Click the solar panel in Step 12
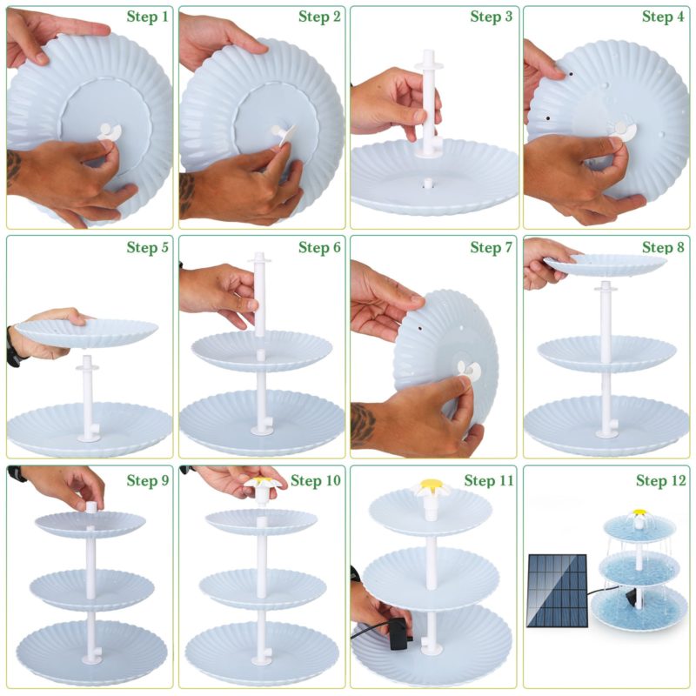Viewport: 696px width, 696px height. coord(557,584)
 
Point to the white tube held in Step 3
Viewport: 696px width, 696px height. coord(429,104)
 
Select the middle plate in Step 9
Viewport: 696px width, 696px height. coord(91,590)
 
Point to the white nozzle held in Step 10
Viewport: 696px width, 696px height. coord(259,488)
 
